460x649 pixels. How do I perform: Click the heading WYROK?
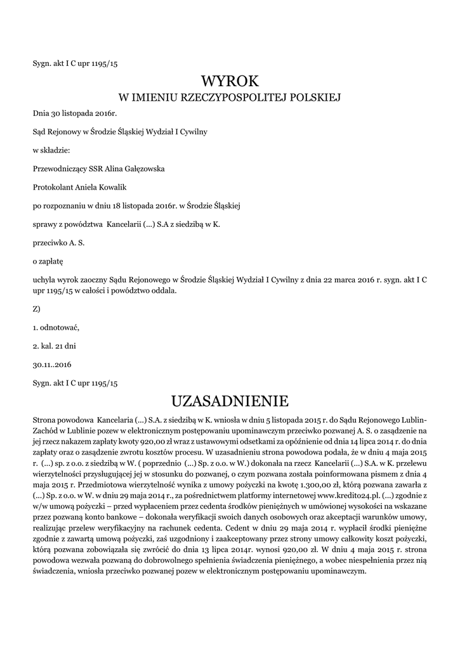[230, 82]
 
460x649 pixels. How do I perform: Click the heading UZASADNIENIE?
[230, 401]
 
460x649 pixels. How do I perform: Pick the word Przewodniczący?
[60, 169]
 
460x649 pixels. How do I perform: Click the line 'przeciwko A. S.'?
[58, 242]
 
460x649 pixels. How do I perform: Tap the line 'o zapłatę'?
[49, 260]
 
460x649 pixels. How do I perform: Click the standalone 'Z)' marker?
[37, 309]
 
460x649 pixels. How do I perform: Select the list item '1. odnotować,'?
[56, 328]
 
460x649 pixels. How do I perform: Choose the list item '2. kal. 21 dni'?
[54, 346]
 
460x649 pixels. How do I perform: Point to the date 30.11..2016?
[52, 364]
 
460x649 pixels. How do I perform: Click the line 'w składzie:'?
[51, 150]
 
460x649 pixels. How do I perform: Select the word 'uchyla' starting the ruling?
[44, 279]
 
